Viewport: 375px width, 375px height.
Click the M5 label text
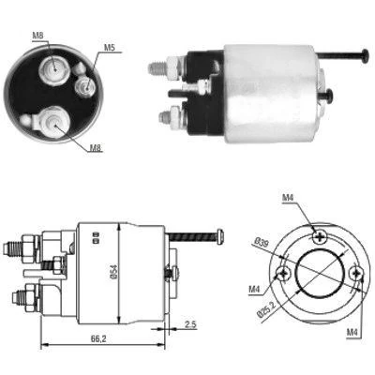pyautogui.click(x=110, y=47)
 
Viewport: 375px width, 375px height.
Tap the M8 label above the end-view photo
pyautogui.click(x=38, y=36)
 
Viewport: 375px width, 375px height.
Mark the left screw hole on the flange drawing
pyautogui.click(x=283, y=275)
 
